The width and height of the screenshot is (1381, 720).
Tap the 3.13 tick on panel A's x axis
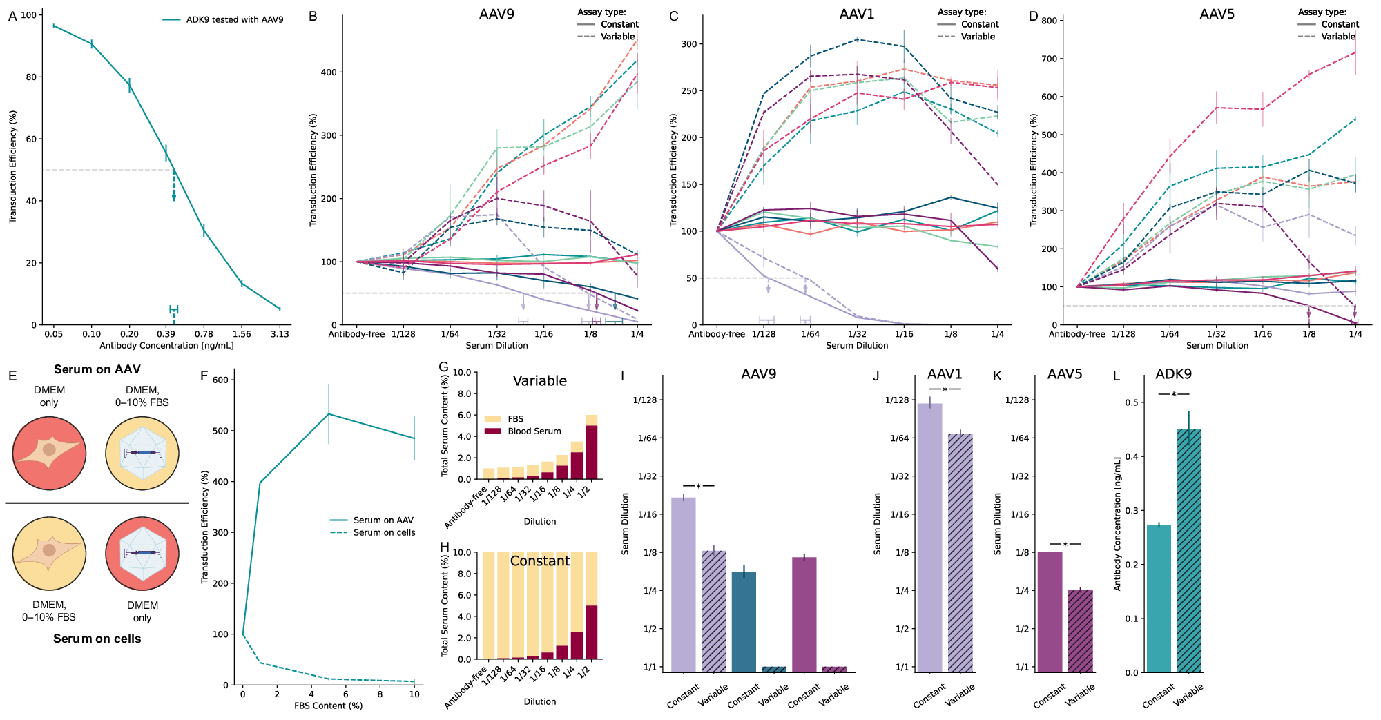point(280,334)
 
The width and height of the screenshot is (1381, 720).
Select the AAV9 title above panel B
point(496,14)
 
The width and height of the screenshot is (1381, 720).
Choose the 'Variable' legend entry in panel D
point(1338,37)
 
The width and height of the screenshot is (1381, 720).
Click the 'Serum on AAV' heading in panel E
point(97,369)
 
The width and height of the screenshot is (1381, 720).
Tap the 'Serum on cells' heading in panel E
point(97,639)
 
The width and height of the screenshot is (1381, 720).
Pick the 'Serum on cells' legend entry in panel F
point(384,533)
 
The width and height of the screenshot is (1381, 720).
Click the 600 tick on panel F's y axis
point(220,380)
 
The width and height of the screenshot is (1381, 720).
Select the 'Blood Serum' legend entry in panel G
point(534,431)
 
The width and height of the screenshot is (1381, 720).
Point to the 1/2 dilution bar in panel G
point(591,447)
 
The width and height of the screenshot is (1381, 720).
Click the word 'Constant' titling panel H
point(540,561)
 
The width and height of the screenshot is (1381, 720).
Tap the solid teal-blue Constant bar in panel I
point(744,622)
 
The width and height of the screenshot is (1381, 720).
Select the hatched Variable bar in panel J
point(960,553)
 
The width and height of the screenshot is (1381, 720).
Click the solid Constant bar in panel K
point(1050,612)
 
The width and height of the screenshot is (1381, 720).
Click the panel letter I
point(623,376)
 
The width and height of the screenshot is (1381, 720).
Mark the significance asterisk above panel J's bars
point(945,390)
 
